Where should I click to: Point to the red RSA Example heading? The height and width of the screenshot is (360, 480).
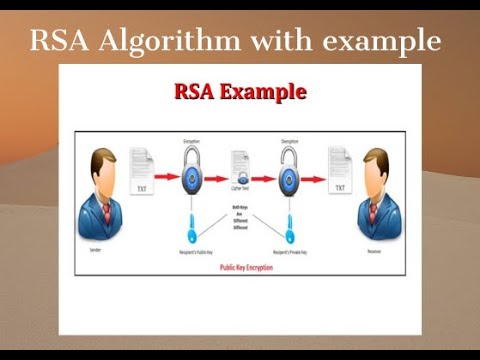[x=240, y=94]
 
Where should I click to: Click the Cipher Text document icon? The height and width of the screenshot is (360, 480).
[x=240, y=170]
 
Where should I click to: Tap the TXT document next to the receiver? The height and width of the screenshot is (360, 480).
[x=339, y=172]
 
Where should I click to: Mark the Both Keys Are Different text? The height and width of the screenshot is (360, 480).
[x=240, y=215]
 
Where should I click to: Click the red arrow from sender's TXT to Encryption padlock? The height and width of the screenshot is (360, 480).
[x=165, y=178]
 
